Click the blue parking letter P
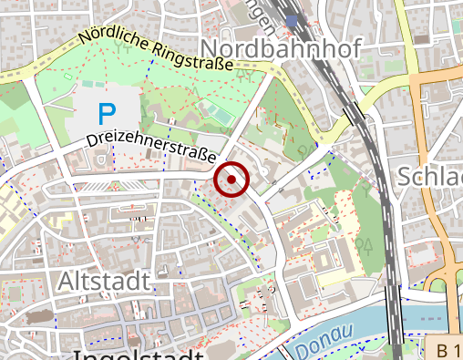point(108,114)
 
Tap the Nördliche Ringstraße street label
point(155,50)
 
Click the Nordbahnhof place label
point(282,48)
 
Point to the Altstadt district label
point(103,282)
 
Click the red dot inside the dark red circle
point(231,180)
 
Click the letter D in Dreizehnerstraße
point(92,141)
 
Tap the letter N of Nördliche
point(84,40)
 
